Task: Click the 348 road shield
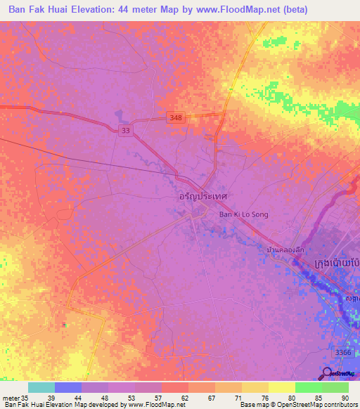point(176,118)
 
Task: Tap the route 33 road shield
point(124,131)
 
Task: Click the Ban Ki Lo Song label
point(244,214)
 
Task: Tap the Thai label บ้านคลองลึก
point(285,249)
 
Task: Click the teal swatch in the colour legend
point(41,387)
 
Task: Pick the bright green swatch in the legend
point(308,387)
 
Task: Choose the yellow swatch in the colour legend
point(281,387)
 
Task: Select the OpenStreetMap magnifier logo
point(327,373)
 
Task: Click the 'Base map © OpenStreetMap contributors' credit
point(298,405)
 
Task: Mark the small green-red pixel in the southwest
point(63,324)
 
